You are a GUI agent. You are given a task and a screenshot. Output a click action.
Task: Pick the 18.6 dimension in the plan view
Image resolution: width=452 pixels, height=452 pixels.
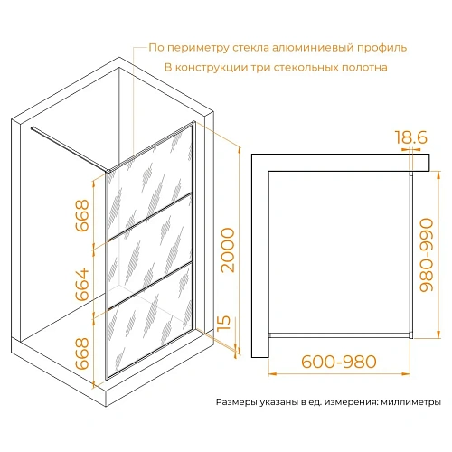tap(411, 139)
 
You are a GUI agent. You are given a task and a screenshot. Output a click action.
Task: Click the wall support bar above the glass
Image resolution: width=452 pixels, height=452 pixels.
tap(68, 149)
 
